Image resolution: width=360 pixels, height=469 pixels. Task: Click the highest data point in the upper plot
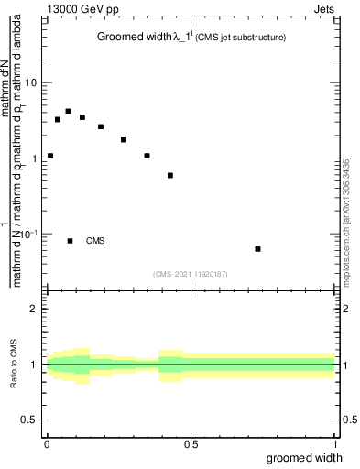point(69,111)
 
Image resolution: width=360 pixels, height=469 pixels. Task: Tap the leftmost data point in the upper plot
point(50,156)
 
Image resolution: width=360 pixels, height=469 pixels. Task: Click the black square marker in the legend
point(71,241)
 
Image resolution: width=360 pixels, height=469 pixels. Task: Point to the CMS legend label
point(95,241)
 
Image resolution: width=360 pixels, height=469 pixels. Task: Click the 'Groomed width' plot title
point(135,38)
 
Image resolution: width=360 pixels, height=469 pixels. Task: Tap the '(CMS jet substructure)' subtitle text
point(241,38)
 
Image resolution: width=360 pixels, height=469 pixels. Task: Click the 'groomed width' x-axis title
point(305,457)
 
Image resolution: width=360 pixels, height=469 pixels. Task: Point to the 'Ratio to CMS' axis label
point(14,365)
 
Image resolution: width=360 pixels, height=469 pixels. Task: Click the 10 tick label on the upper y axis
point(32,82)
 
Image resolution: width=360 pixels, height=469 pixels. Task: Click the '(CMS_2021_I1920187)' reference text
point(191,273)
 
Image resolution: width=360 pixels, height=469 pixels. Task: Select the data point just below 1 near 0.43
point(170,175)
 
